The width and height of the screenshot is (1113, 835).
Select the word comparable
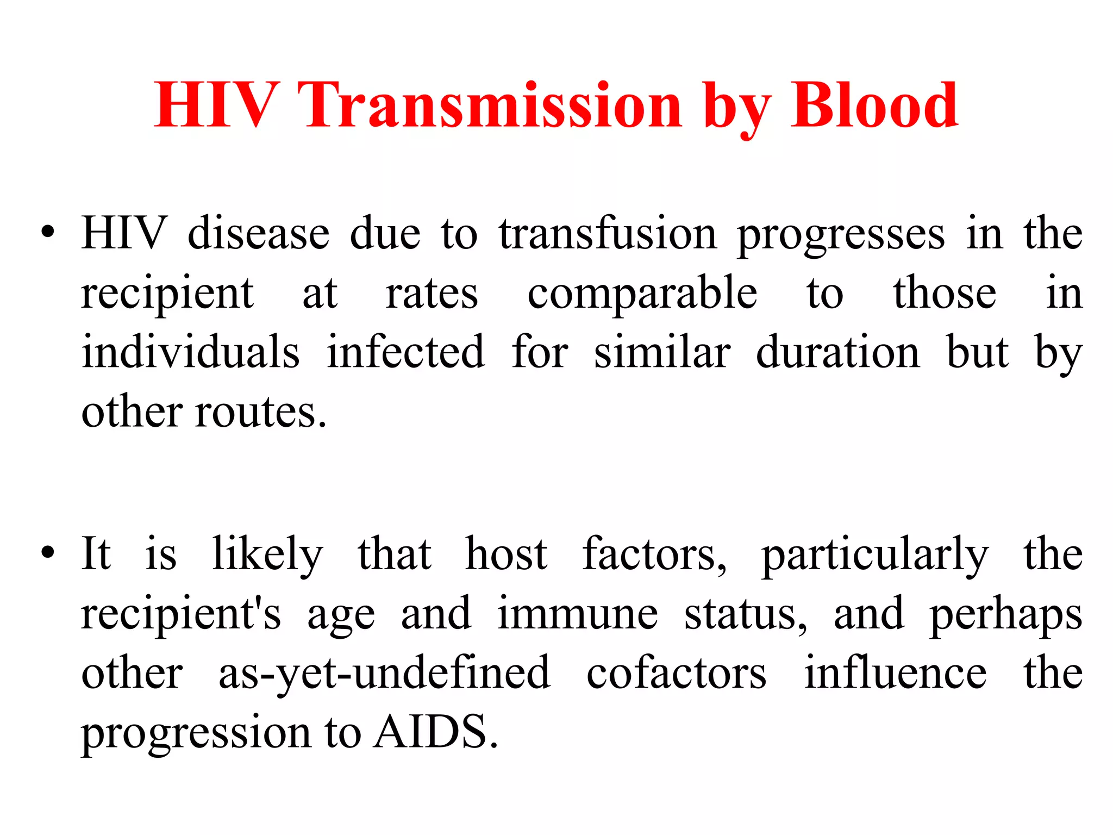[x=642, y=294]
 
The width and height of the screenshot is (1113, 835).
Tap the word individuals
[x=190, y=352]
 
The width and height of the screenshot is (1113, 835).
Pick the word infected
[x=405, y=352]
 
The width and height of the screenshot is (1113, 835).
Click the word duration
[x=837, y=352]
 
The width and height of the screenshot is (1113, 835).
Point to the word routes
[x=261, y=412]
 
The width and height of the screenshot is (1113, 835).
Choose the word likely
[x=267, y=554]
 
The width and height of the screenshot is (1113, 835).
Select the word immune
[x=577, y=614]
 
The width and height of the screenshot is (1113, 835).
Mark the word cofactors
[x=677, y=673]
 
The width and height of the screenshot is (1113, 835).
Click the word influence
[x=895, y=673]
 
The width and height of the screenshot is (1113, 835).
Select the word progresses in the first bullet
[x=841, y=235]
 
